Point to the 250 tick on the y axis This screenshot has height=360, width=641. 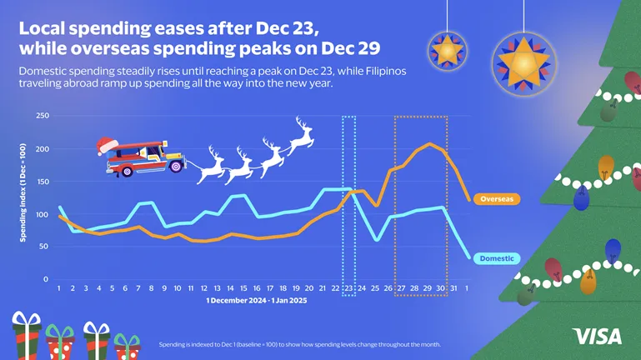click(42, 116)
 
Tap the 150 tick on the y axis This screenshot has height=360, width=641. click(42, 182)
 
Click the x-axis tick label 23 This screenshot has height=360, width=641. click(348, 288)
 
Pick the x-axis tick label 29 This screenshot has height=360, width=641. click(428, 288)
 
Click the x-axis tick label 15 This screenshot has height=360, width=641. click(243, 288)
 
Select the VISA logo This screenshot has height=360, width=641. click(597, 337)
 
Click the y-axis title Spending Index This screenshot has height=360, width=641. click(23, 193)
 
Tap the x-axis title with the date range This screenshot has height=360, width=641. click(257, 301)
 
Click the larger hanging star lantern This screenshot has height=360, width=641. click(524, 61)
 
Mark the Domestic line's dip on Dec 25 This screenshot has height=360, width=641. click(376, 239)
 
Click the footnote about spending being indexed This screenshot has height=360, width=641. click(299, 344)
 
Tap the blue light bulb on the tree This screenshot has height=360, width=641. click(613, 247)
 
